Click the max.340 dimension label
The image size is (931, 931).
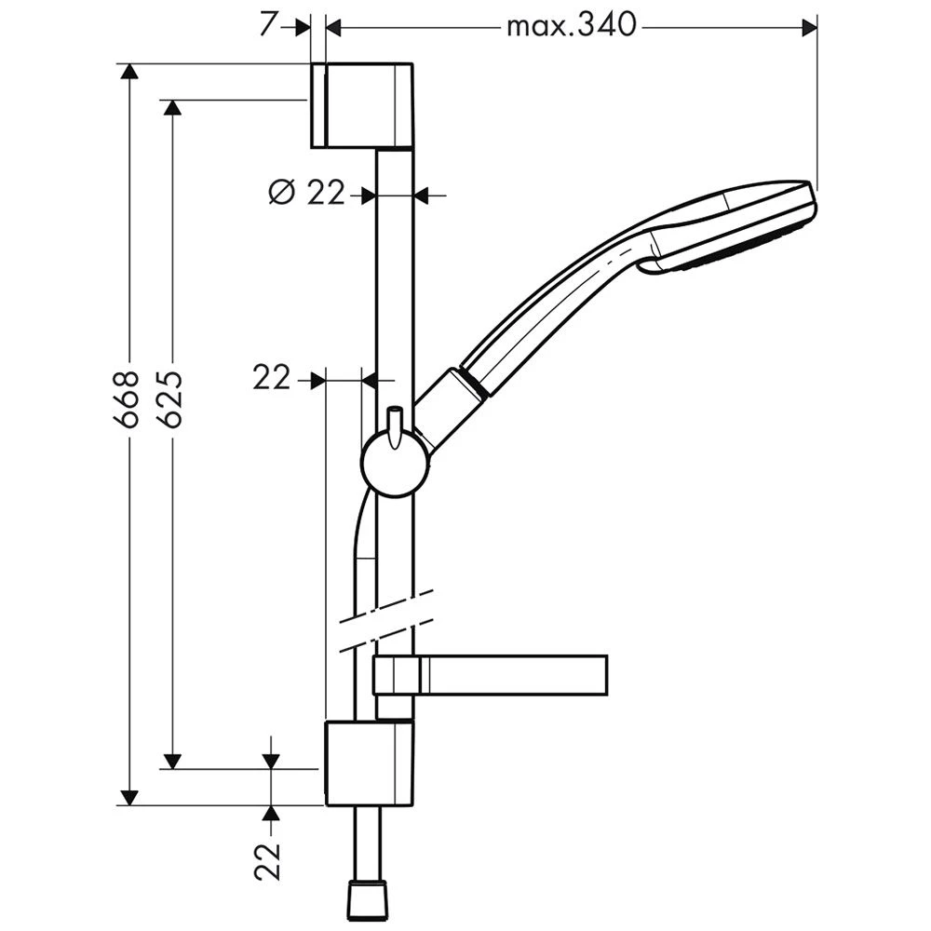(572, 26)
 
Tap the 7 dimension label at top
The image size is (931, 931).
(268, 25)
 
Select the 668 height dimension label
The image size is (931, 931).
(126, 399)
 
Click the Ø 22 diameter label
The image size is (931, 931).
(306, 193)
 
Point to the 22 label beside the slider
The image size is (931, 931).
(271, 378)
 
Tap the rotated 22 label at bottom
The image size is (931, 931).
(267, 861)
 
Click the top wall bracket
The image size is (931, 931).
(362, 104)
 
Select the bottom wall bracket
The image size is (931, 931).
(370, 763)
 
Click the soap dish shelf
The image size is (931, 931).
(491, 674)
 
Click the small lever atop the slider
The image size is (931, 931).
(394, 426)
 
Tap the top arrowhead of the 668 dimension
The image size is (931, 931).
(128, 70)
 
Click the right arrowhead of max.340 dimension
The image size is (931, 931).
(809, 27)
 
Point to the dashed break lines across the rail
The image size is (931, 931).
(386, 621)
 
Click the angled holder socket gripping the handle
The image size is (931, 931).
(452, 410)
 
